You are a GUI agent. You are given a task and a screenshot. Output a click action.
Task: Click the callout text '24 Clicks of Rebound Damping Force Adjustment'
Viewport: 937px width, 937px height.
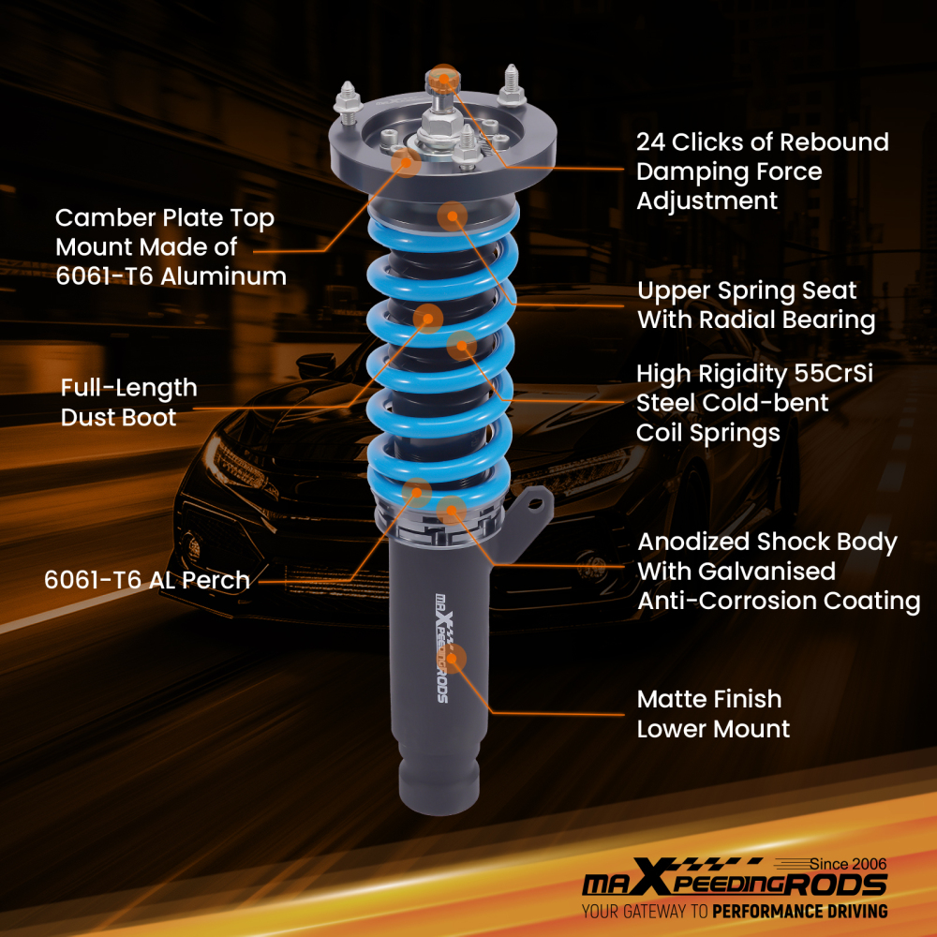pos(762,171)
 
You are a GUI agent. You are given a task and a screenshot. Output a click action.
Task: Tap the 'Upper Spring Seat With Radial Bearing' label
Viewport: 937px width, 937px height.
pos(756,305)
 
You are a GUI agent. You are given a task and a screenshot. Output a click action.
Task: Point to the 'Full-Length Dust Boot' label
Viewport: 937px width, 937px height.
pos(128,402)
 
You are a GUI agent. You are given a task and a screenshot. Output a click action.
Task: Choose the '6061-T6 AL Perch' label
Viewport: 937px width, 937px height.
pos(147,580)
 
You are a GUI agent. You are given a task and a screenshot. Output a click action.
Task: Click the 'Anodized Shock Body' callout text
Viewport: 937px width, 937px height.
pos(767,543)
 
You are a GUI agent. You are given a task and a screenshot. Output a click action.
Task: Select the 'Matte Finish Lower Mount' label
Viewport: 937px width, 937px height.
pos(713,713)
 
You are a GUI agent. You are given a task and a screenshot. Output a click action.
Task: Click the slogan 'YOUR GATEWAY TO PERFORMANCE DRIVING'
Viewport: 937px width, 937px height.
pos(734,911)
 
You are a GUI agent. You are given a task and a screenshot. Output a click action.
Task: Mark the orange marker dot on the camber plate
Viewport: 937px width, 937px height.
pos(406,161)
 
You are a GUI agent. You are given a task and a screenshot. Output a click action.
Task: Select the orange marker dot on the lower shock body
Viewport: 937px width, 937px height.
pos(454,659)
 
